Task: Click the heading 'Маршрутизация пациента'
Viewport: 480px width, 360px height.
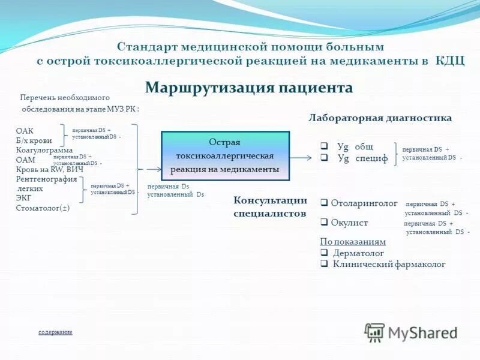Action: click(x=248, y=88)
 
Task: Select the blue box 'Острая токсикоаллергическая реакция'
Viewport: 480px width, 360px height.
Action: click(x=225, y=156)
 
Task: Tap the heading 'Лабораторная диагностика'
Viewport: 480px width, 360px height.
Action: click(x=380, y=118)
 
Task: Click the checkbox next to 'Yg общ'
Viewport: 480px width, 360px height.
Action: click(x=323, y=146)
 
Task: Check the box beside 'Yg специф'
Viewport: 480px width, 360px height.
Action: click(x=323, y=158)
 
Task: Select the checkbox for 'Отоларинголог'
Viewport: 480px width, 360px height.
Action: click(x=324, y=203)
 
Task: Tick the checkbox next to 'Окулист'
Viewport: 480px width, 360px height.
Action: click(x=324, y=223)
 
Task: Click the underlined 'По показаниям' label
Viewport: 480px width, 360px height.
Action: click(x=353, y=242)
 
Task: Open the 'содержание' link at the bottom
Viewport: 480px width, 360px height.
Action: click(x=55, y=332)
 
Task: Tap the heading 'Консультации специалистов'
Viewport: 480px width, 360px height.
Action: click(x=270, y=206)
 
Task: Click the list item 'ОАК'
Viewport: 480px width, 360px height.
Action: click(x=25, y=131)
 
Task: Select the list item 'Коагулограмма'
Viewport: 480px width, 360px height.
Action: click(x=44, y=150)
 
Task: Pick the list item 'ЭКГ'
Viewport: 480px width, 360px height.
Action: click(x=23, y=198)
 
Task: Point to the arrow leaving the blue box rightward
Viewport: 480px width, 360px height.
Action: click(x=301, y=158)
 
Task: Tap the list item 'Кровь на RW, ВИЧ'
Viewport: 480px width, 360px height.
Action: click(x=49, y=169)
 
